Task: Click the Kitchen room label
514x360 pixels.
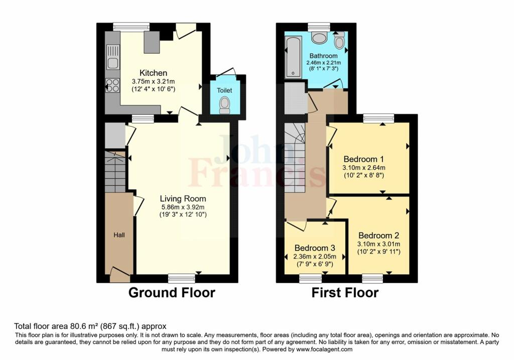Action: coord(153,73)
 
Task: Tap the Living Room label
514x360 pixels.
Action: coord(183,198)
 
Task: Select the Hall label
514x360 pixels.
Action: coord(119,235)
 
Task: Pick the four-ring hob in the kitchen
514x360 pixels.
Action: coord(112,85)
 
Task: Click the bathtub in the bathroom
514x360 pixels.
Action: coord(293,57)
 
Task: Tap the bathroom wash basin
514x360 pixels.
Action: coord(319,37)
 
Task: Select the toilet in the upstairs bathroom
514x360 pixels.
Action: coord(339,41)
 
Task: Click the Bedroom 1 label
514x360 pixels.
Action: coord(363,159)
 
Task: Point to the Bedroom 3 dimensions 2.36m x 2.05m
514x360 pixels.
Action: coord(314,257)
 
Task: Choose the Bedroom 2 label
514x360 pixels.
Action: coord(378,235)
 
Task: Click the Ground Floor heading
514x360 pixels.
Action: coord(172,292)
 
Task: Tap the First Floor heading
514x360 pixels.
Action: coord(345,292)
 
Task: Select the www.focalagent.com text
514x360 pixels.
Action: coord(324,349)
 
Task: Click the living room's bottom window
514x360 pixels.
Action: coord(182,278)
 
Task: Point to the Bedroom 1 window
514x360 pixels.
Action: coord(378,118)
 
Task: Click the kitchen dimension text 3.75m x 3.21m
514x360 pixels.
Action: coord(153,81)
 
